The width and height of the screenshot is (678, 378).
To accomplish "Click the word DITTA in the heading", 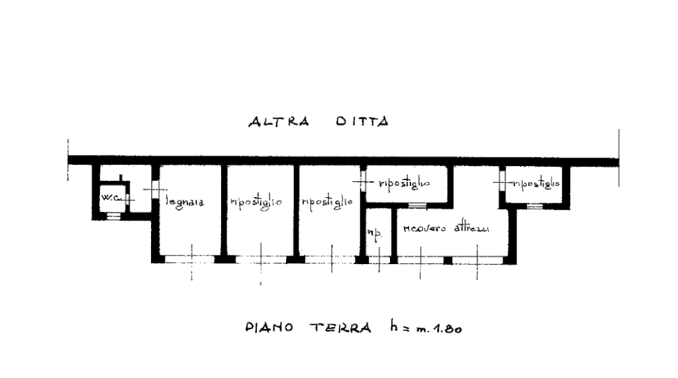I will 363,122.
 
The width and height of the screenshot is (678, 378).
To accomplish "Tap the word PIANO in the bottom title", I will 266,328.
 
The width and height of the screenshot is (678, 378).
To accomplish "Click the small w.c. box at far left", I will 109,197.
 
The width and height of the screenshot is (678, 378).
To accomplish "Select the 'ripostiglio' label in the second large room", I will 258,201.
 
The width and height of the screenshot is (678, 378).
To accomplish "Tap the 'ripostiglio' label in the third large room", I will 328,200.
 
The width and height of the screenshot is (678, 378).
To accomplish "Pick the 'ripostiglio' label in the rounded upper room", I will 406,183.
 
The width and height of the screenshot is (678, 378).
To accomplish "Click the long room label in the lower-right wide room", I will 445,229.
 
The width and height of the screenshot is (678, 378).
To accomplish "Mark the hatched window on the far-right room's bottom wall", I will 536,207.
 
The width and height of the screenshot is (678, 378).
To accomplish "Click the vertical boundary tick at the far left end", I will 68,160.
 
